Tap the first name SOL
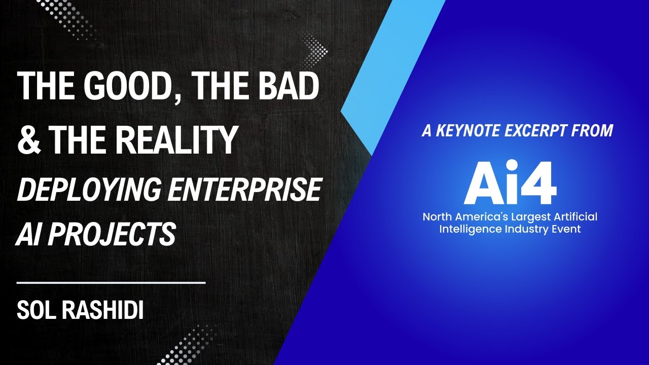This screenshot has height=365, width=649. click(x=37, y=310)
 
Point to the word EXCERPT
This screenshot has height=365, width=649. click(x=541, y=131)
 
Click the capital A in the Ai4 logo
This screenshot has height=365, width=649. click(x=482, y=182)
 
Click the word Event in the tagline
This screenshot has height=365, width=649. click(x=568, y=229)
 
